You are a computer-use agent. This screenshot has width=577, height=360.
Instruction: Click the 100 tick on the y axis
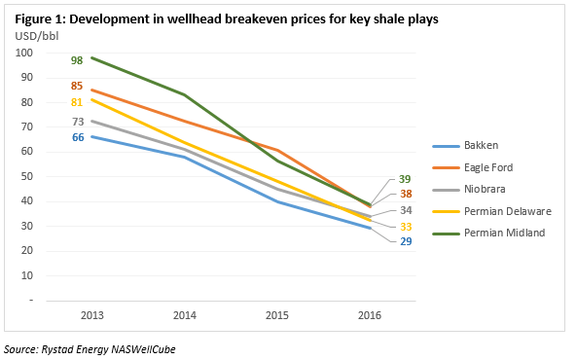point(25,53)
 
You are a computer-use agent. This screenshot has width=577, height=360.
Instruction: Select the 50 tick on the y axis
point(28,177)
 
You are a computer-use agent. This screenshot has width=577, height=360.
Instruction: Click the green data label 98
point(78,60)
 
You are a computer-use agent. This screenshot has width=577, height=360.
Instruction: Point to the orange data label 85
point(78,86)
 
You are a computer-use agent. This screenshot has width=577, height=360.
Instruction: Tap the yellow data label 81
point(78,102)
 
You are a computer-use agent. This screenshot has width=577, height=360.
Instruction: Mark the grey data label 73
point(78,122)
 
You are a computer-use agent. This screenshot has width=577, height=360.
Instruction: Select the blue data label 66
point(78,138)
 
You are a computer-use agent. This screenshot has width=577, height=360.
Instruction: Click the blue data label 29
point(406,240)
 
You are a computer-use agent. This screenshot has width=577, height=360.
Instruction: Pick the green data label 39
point(406,180)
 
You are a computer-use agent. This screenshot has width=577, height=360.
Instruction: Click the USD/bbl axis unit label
point(35,35)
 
